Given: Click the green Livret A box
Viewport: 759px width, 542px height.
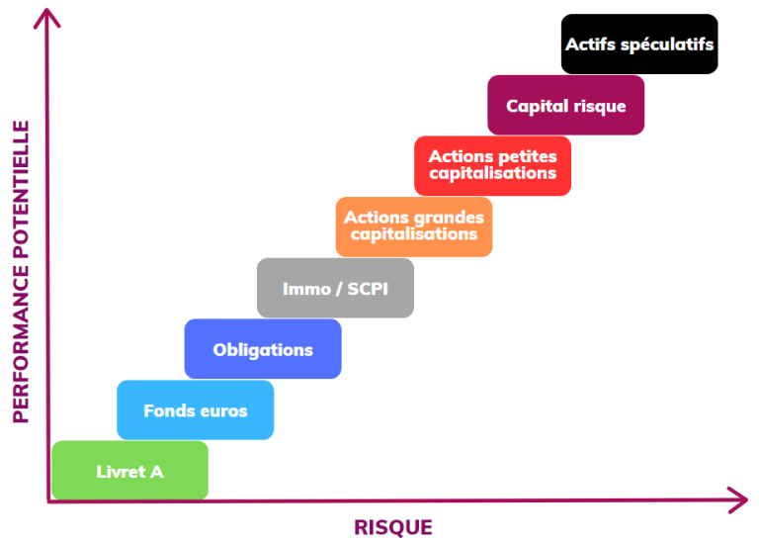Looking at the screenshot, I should pos(129,471).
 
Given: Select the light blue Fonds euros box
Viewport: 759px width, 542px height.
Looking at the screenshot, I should pos(195,409).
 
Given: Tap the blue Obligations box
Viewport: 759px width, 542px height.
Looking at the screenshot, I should pos(262,348).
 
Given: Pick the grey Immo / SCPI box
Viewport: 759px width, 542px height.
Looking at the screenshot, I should pos(335,288).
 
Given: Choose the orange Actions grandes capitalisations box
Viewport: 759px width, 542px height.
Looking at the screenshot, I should pos(413,226).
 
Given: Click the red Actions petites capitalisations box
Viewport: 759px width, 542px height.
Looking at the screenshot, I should pos(492,165).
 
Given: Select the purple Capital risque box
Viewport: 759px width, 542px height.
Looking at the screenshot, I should pos(565,105).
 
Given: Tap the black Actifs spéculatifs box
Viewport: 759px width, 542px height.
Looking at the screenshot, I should pos(639,44).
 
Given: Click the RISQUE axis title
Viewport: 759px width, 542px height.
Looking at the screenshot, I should pos(393,527).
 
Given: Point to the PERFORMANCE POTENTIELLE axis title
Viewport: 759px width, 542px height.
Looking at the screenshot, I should pos(22,271).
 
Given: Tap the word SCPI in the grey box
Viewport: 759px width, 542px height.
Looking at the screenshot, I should pos(363,289).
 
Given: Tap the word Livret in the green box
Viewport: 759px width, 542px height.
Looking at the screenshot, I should pos(119,472).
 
